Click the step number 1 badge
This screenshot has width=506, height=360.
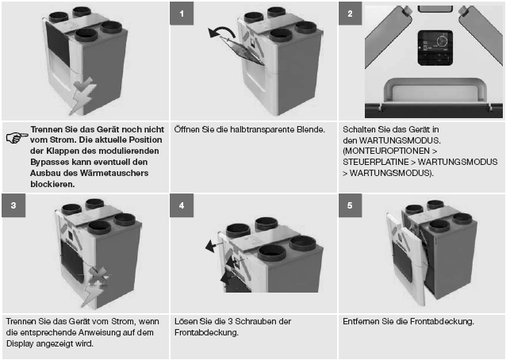click(x=182, y=13)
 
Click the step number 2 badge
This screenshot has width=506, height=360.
click(x=350, y=13)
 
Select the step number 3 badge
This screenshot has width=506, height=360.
click(x=13, y=205)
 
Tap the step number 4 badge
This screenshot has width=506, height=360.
click(x=182, y=205)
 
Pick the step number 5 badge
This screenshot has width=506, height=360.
click(x=350, y=205)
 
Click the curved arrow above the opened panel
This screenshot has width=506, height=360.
click(x=223, y=30)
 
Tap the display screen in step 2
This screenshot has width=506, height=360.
click(x=435, y=48)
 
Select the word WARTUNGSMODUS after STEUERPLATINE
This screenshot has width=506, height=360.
click(x=458, y=162)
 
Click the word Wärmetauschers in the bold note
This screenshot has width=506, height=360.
click(x=114, y=173)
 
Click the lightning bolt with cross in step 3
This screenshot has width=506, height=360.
click(x=95, y=285)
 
